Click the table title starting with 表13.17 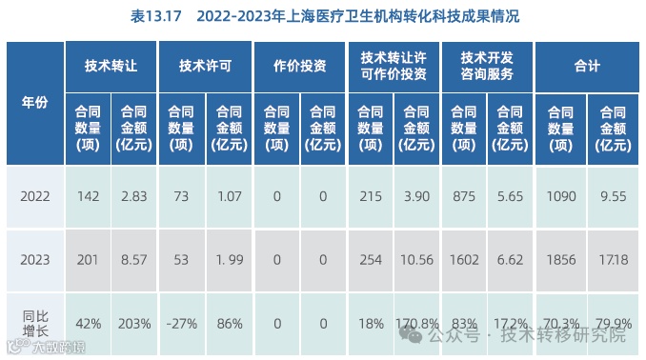(323, 17)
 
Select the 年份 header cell (34, 103)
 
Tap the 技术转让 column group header (111, 66)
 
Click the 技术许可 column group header (205, 66)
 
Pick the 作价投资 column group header (299, 66)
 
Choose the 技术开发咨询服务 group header (487, 66)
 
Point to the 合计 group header (587, 66)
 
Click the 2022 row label (34, 196)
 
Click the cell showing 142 (89, 196)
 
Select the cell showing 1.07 (228, 196)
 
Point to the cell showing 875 (465, 196)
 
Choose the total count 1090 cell (561, 196)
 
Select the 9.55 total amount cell (610, 196)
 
